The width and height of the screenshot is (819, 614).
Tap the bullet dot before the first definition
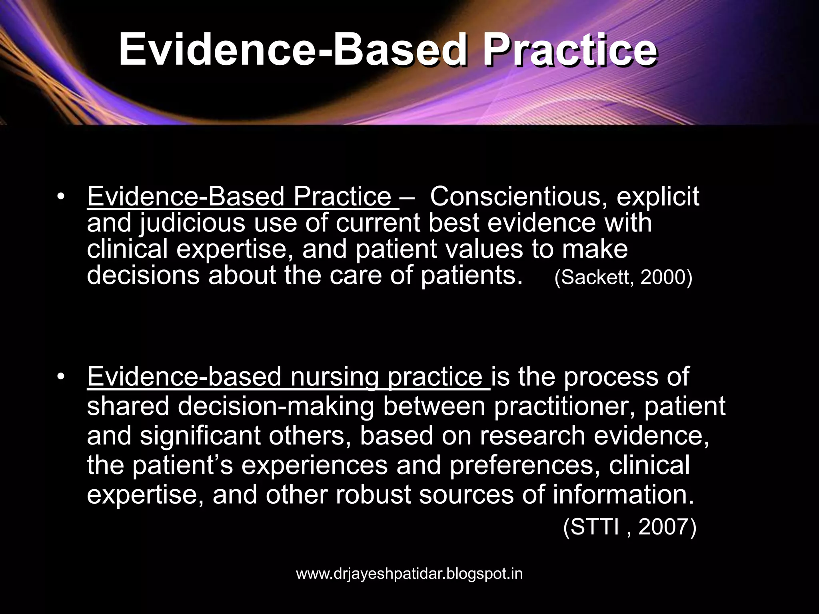pyautogui.click(x=60, y=196)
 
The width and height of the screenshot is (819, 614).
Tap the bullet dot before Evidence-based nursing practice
pyautogui.click(x=60, y=377)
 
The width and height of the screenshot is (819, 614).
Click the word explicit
pyautogui.click(x=657, y=197)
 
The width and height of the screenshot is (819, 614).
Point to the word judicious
pyautogui.click(x=192, y=223)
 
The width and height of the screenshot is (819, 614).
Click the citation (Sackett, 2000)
pyautogui.click(x=623, y=277)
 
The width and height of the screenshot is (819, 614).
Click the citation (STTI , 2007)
pyautogui.click(x=629, y=527)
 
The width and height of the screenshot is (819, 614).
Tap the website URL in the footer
pyautogui.click(x=409, y=574)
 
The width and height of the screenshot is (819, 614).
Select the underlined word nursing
pyautogui.click(x=334, y=377)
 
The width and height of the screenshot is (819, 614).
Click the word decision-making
pyautogui.click(x=276, y=406)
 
